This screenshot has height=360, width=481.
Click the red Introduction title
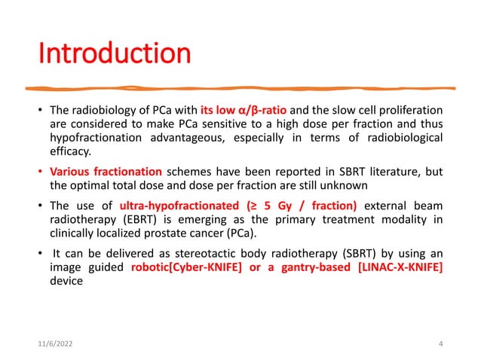(114, 53)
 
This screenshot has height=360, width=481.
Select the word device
(66, 279)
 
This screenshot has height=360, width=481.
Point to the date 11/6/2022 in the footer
(57, 343)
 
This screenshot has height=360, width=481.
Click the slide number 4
(440, 343)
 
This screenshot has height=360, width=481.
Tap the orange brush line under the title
(241, 87)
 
